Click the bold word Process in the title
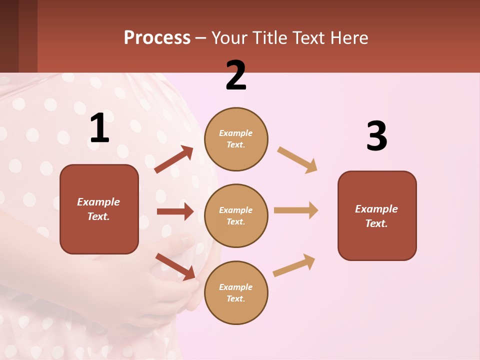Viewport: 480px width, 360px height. click(157, 38)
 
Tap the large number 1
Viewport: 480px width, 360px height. click(99, 128)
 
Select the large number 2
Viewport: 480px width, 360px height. click(236, 75)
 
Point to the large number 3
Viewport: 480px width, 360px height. click(376, 136)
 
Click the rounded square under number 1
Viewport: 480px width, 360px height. click(99, 209)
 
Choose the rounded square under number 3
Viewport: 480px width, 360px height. click(377, 215)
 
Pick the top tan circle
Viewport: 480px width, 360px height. click(236, 139)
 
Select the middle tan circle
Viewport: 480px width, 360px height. click(236, 215)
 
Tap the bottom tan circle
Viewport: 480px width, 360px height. click(236, 292)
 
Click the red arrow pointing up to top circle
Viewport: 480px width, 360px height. click(174, 159)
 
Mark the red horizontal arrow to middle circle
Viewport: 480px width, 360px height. click(175, 211)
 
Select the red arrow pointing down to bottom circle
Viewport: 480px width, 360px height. click(175, 266)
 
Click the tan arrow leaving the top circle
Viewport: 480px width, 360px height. click(297, 159)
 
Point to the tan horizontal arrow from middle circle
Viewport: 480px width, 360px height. click(296, 210)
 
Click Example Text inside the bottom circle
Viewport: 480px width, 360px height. click(236, 293)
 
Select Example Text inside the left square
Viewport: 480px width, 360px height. click(98, 209)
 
